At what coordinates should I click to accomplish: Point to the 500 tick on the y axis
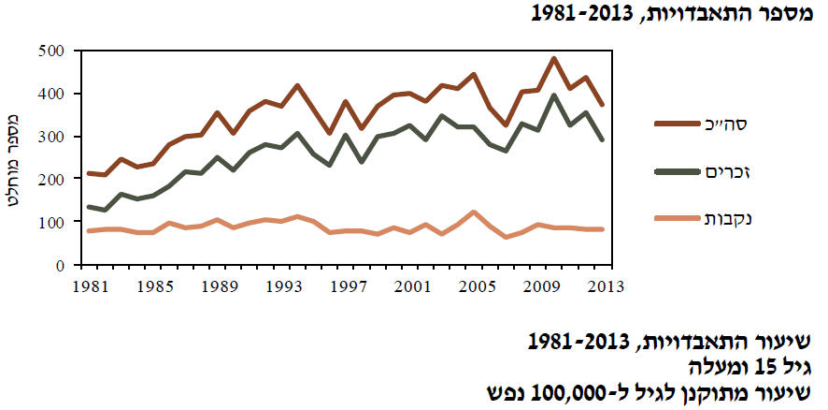tap(50, 51)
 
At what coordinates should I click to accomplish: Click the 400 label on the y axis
tap(50, 94)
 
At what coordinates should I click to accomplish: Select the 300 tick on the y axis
tap(50, 137)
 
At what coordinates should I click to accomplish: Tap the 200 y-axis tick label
tap(50, 180)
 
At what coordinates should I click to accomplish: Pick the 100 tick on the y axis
tap(50, 223)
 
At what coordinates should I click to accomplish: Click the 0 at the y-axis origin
tap(58, 266)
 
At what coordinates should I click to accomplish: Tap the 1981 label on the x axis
tap(90, 284)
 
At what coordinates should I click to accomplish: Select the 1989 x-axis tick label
tap(216, 284)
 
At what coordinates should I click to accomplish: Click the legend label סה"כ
tap(739, 122)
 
